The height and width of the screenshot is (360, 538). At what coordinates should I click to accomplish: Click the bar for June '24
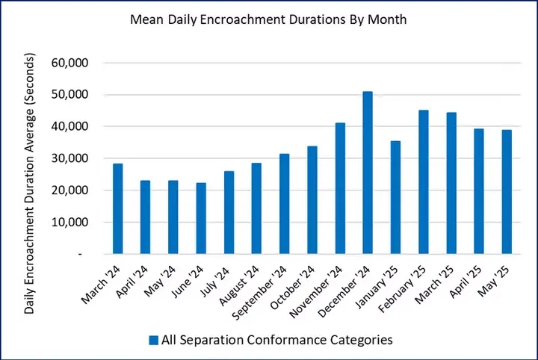click(201, 218)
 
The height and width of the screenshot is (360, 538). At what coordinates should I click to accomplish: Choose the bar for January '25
click(395, 197)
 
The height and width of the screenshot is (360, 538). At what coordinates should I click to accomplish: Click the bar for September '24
click(284, 204)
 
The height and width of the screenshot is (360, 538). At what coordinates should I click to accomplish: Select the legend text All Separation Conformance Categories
click(276, 340)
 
